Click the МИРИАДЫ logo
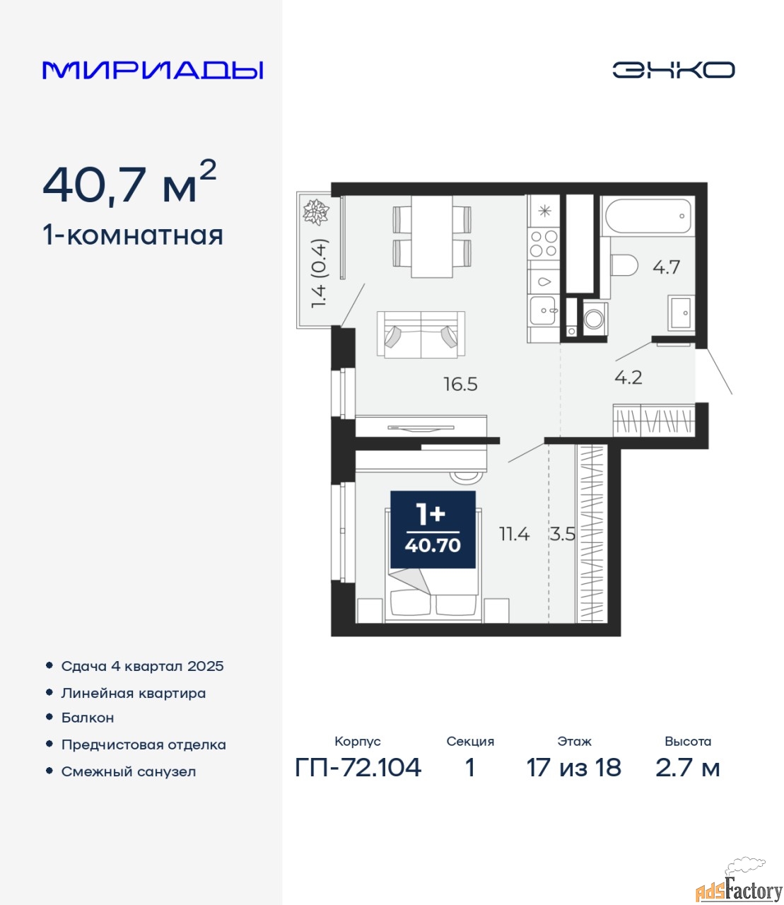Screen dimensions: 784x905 pos(153,70)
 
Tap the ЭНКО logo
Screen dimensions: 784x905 pos(673,70)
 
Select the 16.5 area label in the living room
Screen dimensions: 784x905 pos(460,385)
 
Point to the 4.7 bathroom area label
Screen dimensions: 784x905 pos(666,267)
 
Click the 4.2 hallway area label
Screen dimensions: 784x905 pos(628,378)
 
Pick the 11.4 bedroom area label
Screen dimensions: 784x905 pos(515,534)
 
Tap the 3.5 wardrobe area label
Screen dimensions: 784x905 pos(563,534)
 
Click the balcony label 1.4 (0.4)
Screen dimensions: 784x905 pos(319,273)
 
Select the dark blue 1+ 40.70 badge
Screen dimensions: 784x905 pos(433,530)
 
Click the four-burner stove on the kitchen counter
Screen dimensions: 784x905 pos(544,244)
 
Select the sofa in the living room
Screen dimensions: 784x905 pos(421,334)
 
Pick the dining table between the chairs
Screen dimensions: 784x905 pos(432,236)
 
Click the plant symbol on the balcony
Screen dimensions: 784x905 pos(316,212)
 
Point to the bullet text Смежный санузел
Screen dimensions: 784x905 pos(129,772)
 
